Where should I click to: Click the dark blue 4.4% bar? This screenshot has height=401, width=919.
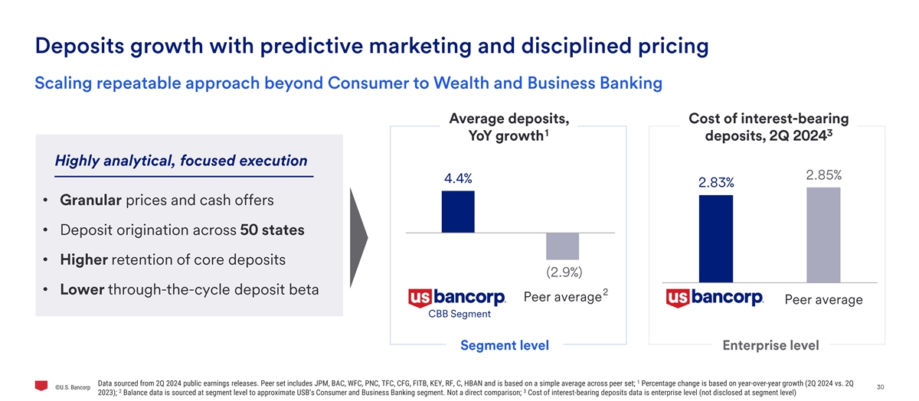click(458, 211)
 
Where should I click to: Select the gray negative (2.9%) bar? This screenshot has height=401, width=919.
click(562, 246)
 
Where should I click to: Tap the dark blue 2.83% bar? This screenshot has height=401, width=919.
click(716, 239)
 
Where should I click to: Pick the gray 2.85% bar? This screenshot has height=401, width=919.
click(823, 235)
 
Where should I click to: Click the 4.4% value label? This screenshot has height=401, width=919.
click(458, 178)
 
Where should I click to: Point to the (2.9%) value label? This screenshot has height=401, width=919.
click(564, 272)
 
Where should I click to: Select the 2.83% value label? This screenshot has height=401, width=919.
click(716, 182)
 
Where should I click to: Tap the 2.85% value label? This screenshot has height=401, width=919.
click(824, 175)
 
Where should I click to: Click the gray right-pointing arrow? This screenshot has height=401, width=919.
click(358, 238)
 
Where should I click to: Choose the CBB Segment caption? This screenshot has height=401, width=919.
click(459, 314)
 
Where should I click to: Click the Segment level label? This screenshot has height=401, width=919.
click(505, 345)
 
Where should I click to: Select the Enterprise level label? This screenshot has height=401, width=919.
click(770, 345)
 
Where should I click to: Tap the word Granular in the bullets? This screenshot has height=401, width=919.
click(90, 200)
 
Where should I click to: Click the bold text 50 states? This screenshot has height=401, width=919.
click(272, 230)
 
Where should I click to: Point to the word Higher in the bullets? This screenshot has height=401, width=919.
click(83, 260)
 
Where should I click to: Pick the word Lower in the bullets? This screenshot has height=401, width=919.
click(82, 289)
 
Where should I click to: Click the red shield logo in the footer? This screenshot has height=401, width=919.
click(41, 386)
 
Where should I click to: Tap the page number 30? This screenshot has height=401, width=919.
click(881, 387)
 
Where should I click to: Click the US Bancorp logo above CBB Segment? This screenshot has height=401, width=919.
click(456, 297)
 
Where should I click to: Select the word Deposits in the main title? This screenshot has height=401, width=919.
click(80, 46)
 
